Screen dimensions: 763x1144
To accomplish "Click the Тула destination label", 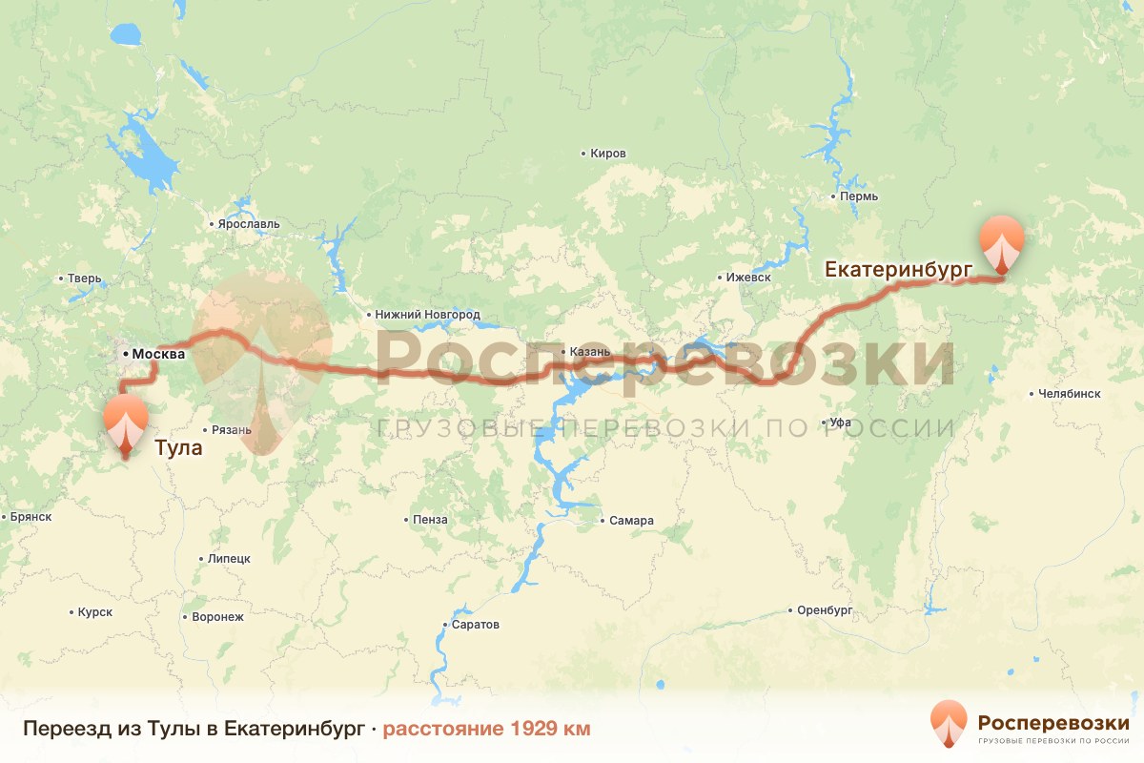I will (x=178, y=447).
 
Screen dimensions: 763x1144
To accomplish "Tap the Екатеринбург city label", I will (x=898, y=270).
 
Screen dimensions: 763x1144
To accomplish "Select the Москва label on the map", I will (x=158, y=355).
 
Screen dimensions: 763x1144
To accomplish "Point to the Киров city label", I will (x=607, y=154).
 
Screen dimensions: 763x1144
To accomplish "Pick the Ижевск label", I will (x=746, y=278).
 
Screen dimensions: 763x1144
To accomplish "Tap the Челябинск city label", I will (x=1066, y=393).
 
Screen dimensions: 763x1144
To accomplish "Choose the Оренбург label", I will (x=824, y=610).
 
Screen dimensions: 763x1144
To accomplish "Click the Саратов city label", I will (x=475, y=625).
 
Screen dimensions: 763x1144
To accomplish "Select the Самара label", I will (x=630, y=521).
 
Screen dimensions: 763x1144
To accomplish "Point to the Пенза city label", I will (x=430, y=520).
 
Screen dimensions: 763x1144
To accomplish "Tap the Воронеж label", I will (x=217, y=617).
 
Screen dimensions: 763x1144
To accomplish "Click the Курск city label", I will (x=94, y=611).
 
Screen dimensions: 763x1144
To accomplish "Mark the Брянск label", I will (x=31, y=517).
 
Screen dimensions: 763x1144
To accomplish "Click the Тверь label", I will (x=84, y=279).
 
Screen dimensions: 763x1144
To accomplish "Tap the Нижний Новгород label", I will (x=428, y=314).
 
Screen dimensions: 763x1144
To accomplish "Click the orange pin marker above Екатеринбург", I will (x=1001, y=243).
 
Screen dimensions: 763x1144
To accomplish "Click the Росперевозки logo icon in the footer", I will (x=950, y=724).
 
